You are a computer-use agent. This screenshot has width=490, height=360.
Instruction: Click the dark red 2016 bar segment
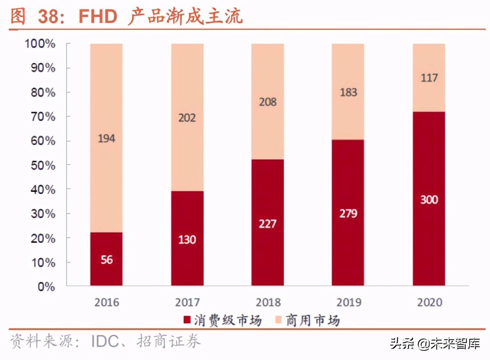(106, 258)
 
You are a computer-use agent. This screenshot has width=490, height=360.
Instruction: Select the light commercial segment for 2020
(429, 78)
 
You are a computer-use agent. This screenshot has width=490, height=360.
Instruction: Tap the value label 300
(429, 199)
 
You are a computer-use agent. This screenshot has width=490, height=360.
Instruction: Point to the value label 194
(106, 138)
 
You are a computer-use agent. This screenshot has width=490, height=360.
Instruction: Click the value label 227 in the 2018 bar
(268, 224)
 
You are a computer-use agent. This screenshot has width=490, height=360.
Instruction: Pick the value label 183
(348, 92)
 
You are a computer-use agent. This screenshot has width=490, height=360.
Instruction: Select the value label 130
(187, 240)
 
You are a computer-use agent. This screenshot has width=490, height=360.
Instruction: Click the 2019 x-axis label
(348, 302)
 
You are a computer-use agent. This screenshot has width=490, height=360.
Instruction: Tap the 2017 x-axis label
(187, 302)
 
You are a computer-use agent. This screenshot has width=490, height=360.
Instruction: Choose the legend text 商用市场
(312, 320)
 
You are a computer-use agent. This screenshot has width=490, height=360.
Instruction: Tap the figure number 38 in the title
(50, 16)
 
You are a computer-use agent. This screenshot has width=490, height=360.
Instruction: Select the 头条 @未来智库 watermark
(435, 344)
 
